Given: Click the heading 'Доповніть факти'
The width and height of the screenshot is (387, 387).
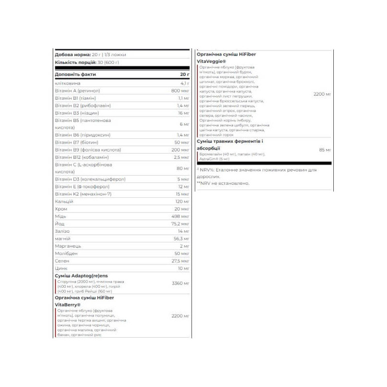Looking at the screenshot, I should [75, 74].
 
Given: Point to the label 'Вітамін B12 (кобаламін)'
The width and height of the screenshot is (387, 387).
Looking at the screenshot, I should [81, 157].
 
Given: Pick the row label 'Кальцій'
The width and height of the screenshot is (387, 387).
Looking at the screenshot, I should [64, 201].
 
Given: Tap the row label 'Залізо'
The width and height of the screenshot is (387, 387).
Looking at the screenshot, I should [63, 231].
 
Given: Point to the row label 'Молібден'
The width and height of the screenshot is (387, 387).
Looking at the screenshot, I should [66, 253].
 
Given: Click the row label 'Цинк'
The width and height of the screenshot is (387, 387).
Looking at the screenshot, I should [61, 268].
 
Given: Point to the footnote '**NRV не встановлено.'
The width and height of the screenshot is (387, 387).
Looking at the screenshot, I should [223, 183].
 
